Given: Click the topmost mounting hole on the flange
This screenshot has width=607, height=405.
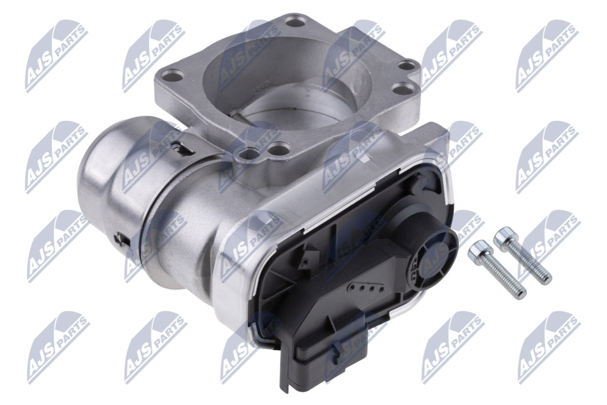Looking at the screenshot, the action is [296, 20].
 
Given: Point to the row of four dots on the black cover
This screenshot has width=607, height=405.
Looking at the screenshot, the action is [366, 287].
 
